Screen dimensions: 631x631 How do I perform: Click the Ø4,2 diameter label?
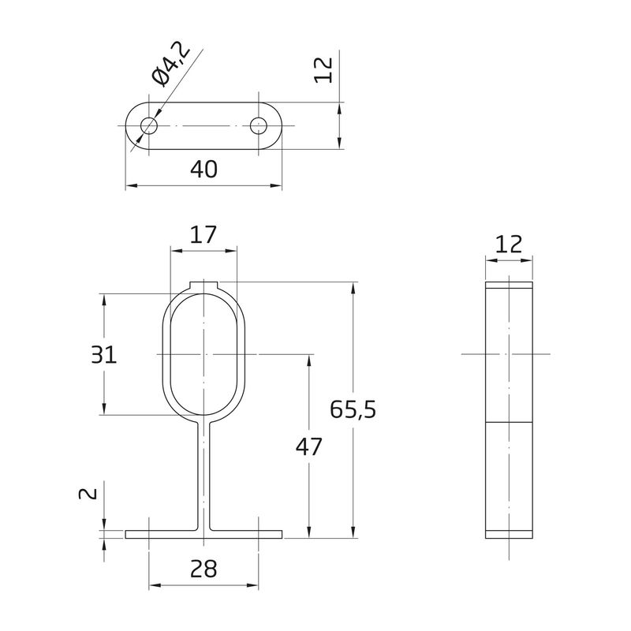tap(170, 65)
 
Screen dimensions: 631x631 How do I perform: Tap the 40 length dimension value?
tap(203, 169)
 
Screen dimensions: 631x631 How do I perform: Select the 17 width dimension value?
tap(203, 234)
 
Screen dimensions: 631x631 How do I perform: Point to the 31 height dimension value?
tap(104, 354)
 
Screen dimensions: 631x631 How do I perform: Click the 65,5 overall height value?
tap(353, 409)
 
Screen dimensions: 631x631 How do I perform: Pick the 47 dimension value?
tap(309, 446)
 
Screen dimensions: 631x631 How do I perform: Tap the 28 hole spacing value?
tap(203, 569)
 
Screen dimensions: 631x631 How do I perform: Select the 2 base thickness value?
tap(88, 493)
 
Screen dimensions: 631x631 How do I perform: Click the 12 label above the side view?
tap(509, 244)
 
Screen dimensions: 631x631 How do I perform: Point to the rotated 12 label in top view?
tap(323, 70)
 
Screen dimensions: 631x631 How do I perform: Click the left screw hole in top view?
tap(149, 125)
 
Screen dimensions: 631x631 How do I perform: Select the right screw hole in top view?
tap(259, 125)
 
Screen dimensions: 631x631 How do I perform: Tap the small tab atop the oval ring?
tap(203, 286)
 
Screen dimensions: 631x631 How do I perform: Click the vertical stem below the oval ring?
tap(203, 477)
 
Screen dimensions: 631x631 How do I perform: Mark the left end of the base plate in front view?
tap(125, 535)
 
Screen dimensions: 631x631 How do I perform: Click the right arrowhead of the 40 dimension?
tap(276, 185)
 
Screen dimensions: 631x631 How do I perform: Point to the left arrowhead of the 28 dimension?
tap(155, 585)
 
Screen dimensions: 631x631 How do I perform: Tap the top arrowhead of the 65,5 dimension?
tap(353, 288)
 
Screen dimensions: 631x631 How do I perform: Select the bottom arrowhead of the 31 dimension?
tap(104, 409)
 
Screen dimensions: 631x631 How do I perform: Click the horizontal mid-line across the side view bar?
tap(509, 423)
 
